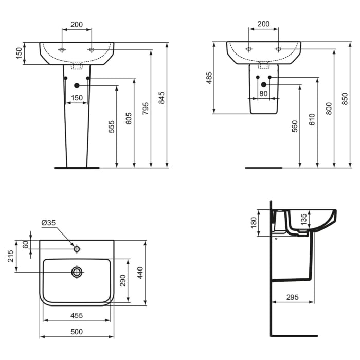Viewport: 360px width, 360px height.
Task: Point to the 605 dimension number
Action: tap(129, 118)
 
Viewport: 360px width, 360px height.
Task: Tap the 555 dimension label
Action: tap(112, 127)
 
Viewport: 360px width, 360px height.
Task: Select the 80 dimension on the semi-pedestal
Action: tap(264, 93)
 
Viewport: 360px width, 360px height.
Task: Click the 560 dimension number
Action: tap(294, 127)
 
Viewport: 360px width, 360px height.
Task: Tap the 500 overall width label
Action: tap(77, 332)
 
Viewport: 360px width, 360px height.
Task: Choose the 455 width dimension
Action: tap(77, 315)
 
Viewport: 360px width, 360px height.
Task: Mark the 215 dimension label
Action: tap(11, 256)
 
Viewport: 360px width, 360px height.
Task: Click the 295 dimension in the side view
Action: tap(293, 297)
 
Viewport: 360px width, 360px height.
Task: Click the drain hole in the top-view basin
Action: tap(77, 272)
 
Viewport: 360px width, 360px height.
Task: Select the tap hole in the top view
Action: tap(77, 249)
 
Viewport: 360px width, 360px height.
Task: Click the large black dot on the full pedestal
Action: tap(77, 85)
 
